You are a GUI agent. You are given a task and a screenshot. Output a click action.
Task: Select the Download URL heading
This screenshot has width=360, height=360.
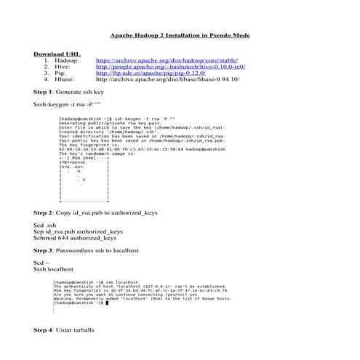(x=57, y=55)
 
